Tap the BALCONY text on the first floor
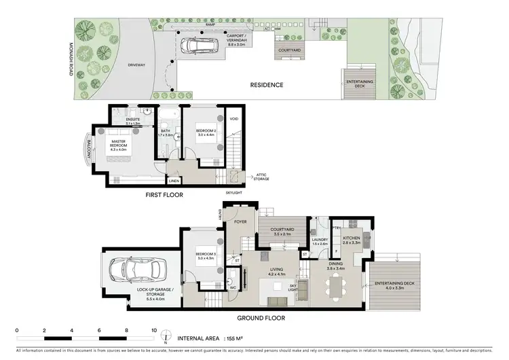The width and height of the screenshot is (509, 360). tap(88, 147)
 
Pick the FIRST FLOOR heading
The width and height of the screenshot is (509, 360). tap(164, 194)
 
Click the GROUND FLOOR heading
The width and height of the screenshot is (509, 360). tap(261, 317)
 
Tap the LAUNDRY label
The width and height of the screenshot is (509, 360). tap(320, 240)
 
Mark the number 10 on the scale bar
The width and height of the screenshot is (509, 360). tap(154, 331)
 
